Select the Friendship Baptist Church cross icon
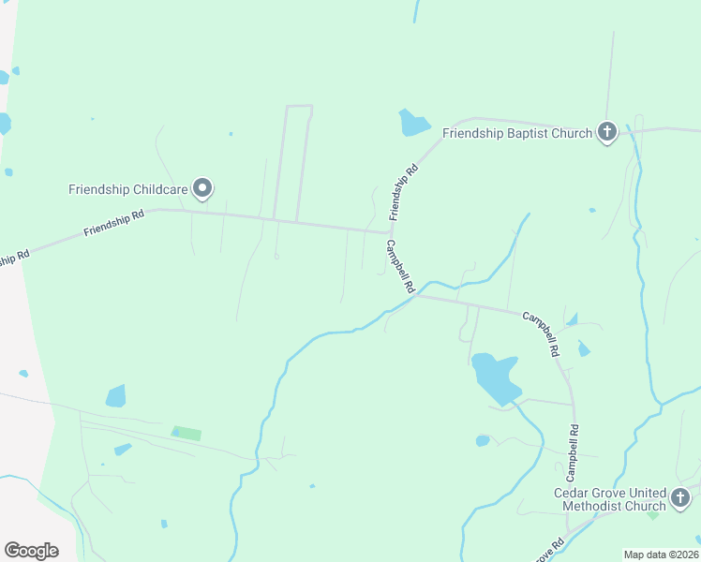pyautogui.click(x=607, y=132)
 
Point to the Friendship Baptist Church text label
pyautogui.click(x=516, y=133)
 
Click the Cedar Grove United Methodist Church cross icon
pyautogui.click(x=681, y=497)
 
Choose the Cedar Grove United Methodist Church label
pyautogui.click(x=609, y=499)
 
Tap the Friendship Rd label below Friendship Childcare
pyautogui.click(x=113, y=223)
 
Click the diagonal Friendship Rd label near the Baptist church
pyautogui.click(x=403, y=192)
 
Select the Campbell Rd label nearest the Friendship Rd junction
pyautogui.click(x=399, y=268)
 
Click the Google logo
pyautogui.click(x=31, y=550)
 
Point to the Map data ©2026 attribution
pyautogui.click(x=661, y=555)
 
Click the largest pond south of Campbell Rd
pyautogui.click(x=495, y=375)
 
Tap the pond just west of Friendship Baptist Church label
pyautogui.click(x=412, y=123)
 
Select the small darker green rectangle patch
pyautogui.click(x=187, y=433)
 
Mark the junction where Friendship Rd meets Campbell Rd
pyautogui.click(x=389, y=232)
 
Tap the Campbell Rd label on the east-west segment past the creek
pyautogui.click(x=541, y=333)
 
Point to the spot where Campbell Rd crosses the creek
pyautogui.click(x=418, y=293)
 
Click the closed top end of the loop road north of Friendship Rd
pyautogui.click(x=299, y=106)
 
